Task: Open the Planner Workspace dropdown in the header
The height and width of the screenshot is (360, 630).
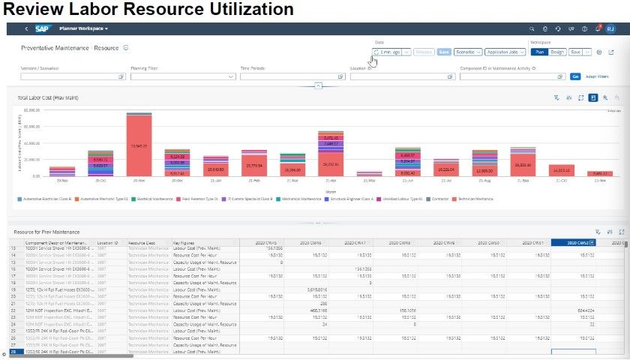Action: click(x=84, y=28)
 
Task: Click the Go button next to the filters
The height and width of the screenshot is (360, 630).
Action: click(x=575, y=76)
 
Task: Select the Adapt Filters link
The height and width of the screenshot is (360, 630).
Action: click(x=597, y=76)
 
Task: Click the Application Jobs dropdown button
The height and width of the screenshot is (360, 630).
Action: click(x=505, y=52)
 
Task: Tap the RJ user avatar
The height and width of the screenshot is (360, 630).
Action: click(x=610, y=28)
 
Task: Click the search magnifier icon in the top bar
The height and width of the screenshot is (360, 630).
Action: click(x=532, y=28)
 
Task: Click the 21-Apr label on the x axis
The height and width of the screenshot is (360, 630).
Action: click(x=331, y=181)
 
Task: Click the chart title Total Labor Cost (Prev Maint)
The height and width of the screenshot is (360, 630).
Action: click(x=49, y=97)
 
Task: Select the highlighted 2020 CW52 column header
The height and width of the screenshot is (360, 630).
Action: click(x=574, y=243)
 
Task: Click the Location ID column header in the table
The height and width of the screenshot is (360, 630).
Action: click(x=108, y=243)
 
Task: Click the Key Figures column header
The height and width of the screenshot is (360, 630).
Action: click(x=184, y=243)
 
